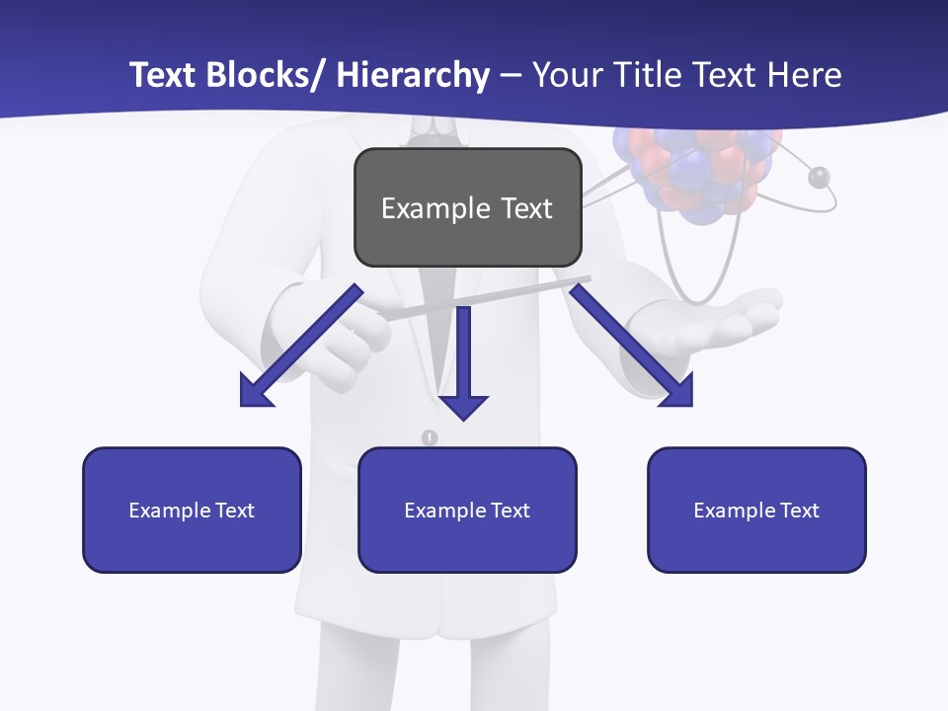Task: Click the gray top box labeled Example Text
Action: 467,207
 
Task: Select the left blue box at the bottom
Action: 192,510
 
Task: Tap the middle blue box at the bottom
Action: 467,510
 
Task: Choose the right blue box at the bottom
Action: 756,510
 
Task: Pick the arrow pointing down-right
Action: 634,349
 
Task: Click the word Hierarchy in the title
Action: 413,75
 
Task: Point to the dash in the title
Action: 510,75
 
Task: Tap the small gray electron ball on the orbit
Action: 819,178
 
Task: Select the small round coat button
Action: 429,437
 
